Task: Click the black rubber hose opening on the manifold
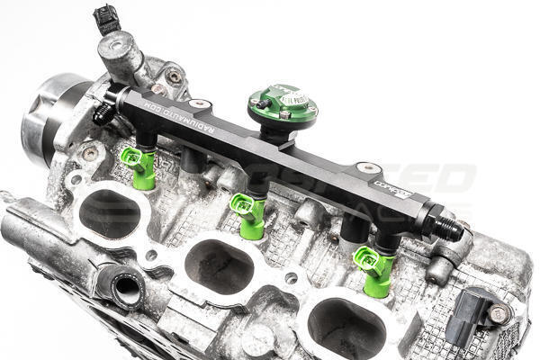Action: (x=127, y=290)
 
